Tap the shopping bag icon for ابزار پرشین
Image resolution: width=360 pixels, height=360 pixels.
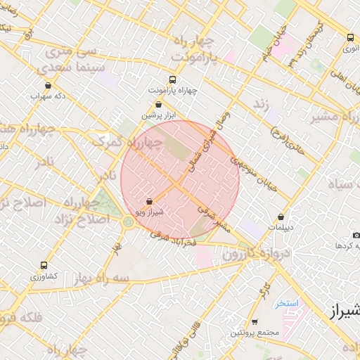click(158, 103)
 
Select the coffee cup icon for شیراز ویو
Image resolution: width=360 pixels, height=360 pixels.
click(148, 201)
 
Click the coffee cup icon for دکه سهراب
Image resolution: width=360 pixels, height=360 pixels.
click(48, 85)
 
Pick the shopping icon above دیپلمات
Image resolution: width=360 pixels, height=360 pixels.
click(281, 217)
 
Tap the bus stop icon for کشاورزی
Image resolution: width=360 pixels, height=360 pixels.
click(44, 266)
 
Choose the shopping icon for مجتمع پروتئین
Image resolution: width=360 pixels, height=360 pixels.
click(255, 321)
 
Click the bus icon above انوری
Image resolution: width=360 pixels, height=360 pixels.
click(350, 37)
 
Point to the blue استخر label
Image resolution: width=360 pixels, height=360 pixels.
click(288, 303)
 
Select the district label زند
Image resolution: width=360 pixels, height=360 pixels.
click(262, 104)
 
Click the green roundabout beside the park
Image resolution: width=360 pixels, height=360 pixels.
click(128, 222)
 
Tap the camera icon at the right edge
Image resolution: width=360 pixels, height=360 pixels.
click(356, 234)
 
